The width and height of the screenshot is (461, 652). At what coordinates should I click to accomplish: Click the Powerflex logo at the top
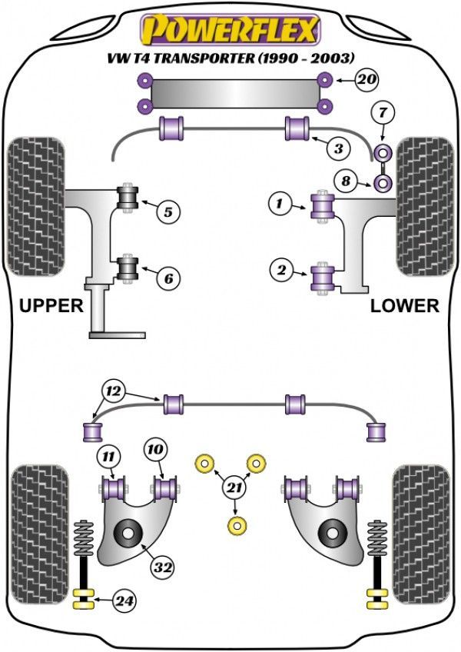(229, 30)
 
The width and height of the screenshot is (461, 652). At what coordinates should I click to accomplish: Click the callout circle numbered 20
(368, 79)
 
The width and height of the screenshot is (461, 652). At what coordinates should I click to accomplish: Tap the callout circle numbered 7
(383, 114)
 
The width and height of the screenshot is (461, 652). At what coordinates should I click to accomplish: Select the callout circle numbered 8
(346, 181)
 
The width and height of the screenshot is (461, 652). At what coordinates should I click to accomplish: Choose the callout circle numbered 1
(280, 204)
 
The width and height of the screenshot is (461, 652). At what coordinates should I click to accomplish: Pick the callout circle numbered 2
(282, 270)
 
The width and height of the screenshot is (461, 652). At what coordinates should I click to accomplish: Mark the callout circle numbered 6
(169, 277)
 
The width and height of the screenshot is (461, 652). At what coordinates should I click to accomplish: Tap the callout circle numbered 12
(114, 392)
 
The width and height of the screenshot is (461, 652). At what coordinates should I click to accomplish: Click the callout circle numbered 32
(163, 568)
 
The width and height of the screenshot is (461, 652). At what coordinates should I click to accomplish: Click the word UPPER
(51, 306)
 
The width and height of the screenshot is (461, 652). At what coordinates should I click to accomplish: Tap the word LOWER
(405, 306)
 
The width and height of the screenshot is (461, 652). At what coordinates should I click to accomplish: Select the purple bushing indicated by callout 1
(321, 206)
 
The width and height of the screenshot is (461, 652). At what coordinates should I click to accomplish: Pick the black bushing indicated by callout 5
(126, 197)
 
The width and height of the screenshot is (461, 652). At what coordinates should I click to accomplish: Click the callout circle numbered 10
(155, 450)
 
